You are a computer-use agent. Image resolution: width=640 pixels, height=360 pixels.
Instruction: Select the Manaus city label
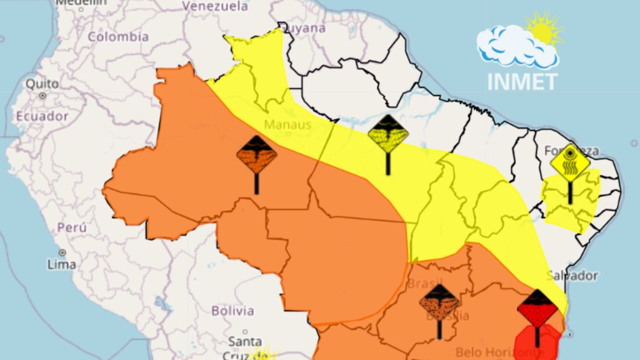tap(287, 124)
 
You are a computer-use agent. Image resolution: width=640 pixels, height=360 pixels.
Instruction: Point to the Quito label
tap(42, 83)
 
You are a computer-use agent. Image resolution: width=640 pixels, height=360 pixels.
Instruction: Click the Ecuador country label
tap(42, 116)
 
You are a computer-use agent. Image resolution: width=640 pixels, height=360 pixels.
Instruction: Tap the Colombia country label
tap(118, 37)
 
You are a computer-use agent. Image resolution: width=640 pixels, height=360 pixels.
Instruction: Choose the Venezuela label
tap(215, 6)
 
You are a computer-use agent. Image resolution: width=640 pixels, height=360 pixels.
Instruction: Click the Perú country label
tap(72, 227)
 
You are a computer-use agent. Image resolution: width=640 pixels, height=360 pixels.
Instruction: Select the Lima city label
tap(62, 264)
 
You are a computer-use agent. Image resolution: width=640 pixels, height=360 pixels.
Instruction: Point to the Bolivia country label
tap(232, 311)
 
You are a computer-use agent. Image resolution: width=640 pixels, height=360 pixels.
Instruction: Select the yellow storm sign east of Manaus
tap(388, 134)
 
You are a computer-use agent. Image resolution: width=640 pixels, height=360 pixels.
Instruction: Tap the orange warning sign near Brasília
tap(439, 304)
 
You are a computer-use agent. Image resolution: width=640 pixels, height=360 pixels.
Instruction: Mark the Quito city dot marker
tap(42, 96)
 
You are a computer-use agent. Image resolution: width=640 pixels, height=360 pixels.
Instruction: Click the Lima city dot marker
tap(62, 252)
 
